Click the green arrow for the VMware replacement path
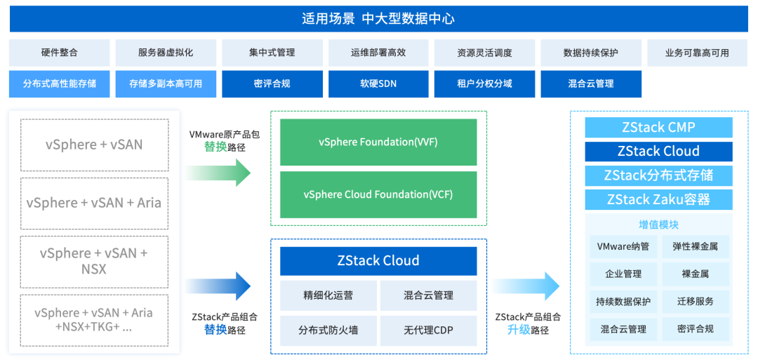click(x=218, y=173)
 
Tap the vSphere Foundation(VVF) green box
click(x=378, y=142)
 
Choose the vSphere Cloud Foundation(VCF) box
click(x=378, y=194)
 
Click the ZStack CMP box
click(x=658, y=128)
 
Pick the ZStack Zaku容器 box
click(x=658, y=199)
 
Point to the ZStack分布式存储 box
click(x=658, y=175)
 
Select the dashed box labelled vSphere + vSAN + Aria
click(x=94, y=204)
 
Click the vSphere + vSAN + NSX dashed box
click(x=94, y=261)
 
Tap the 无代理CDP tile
click(x=428, y=331)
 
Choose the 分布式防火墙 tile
click(x=328, y=331)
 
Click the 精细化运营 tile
click(x=328, y=295)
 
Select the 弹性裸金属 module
click(x=695, y=246)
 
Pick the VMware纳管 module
click(x=623, y=246)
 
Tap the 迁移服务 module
click(x=695, y=302)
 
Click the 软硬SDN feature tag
click(x=378, y=84)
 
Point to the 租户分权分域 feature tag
click(x=484, y=84)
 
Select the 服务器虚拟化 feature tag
click(x=166, y=53)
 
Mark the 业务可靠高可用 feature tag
click(x=697, y=53)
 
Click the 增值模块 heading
click(x=658, y=225)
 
